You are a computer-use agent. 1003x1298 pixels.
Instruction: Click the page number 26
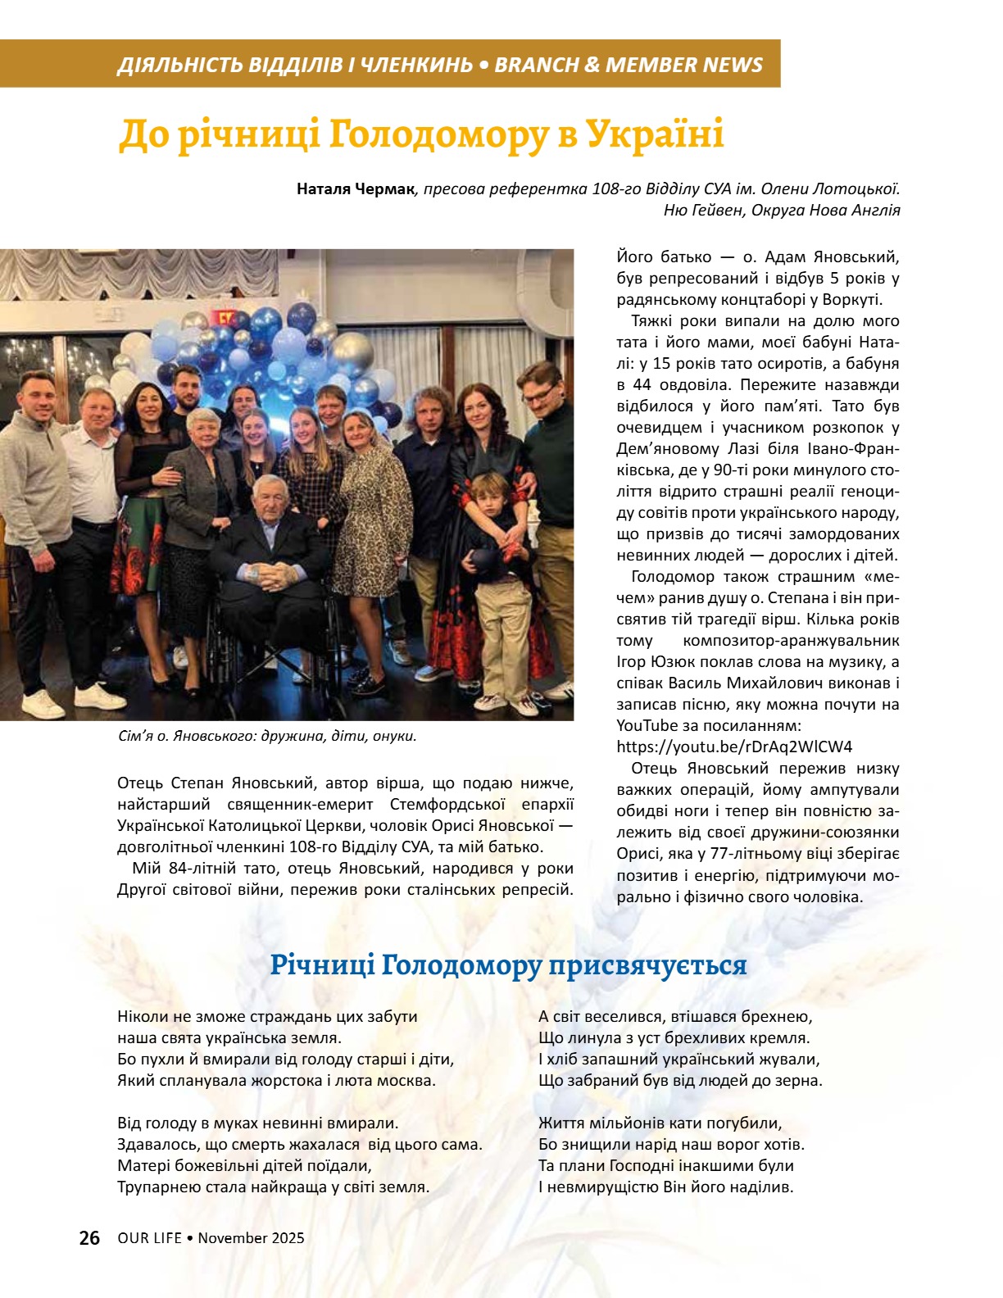coord(89,1237)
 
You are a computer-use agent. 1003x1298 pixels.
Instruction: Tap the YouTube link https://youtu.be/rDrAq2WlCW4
coord(734,747)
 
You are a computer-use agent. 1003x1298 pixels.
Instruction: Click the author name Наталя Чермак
coord(356,189)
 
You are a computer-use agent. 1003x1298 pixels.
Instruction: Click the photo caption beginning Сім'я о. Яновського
coord(267,736)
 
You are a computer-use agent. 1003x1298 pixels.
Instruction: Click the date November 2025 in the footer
coord(251,1238)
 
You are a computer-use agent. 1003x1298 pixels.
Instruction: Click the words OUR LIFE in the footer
coord(149,1238)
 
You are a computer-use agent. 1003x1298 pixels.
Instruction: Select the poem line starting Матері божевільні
coord(244,1165)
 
